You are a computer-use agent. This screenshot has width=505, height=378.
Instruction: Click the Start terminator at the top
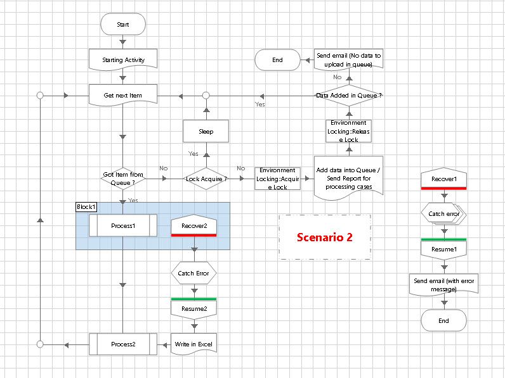pyautogui.click(x=122, y=23)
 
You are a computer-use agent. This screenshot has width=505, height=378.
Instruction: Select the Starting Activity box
pyautogui.click(x=122, y=60)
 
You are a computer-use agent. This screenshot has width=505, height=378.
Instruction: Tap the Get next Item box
pyautogui.click(x=122, y=96)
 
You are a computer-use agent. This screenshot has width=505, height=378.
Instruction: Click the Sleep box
pyautogui.click(x=206, y=131)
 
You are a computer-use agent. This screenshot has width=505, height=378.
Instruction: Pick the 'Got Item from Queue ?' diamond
pyautogui.click(x=122, y=179)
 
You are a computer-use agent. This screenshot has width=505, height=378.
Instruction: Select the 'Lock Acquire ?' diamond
pyautogui.click(x=206, y=179)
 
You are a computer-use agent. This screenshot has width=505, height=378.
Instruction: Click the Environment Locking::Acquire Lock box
pyautogui.click(x=277, y=179)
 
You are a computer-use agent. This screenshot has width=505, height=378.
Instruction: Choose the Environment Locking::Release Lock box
pyautogui.click(x=348, y=131)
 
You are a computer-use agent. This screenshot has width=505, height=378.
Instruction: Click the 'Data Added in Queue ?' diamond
pyautogui.click(x=348, y=96)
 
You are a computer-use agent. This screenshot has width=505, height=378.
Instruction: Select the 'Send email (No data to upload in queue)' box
pyautogui.click(x=348, y=60)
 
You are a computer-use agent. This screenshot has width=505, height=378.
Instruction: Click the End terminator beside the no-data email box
pyautogui.click(x=277, y=60)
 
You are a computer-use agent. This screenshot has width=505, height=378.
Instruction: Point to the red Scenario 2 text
pyautogui.click(x=325, y=237)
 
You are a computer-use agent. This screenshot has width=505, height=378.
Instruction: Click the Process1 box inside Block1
pyautogui.click(x=122, y=225)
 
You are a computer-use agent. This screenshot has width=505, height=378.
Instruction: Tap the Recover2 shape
pyautogui.click(x=193, y=226)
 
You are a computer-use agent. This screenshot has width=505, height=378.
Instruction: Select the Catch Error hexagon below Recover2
pyautogui.click(x=193, y=274)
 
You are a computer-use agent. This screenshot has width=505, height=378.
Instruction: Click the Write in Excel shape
pyautogui.click(x=193, y=344)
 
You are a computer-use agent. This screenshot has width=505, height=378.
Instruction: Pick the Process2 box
pyautogui.click(x=122, y=344)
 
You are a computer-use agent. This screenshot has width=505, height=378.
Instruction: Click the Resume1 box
pyautogui.click(x=443, y=249)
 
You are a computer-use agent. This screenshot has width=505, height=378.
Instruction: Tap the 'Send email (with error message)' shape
pyautogui.click(x=443, y=284)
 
